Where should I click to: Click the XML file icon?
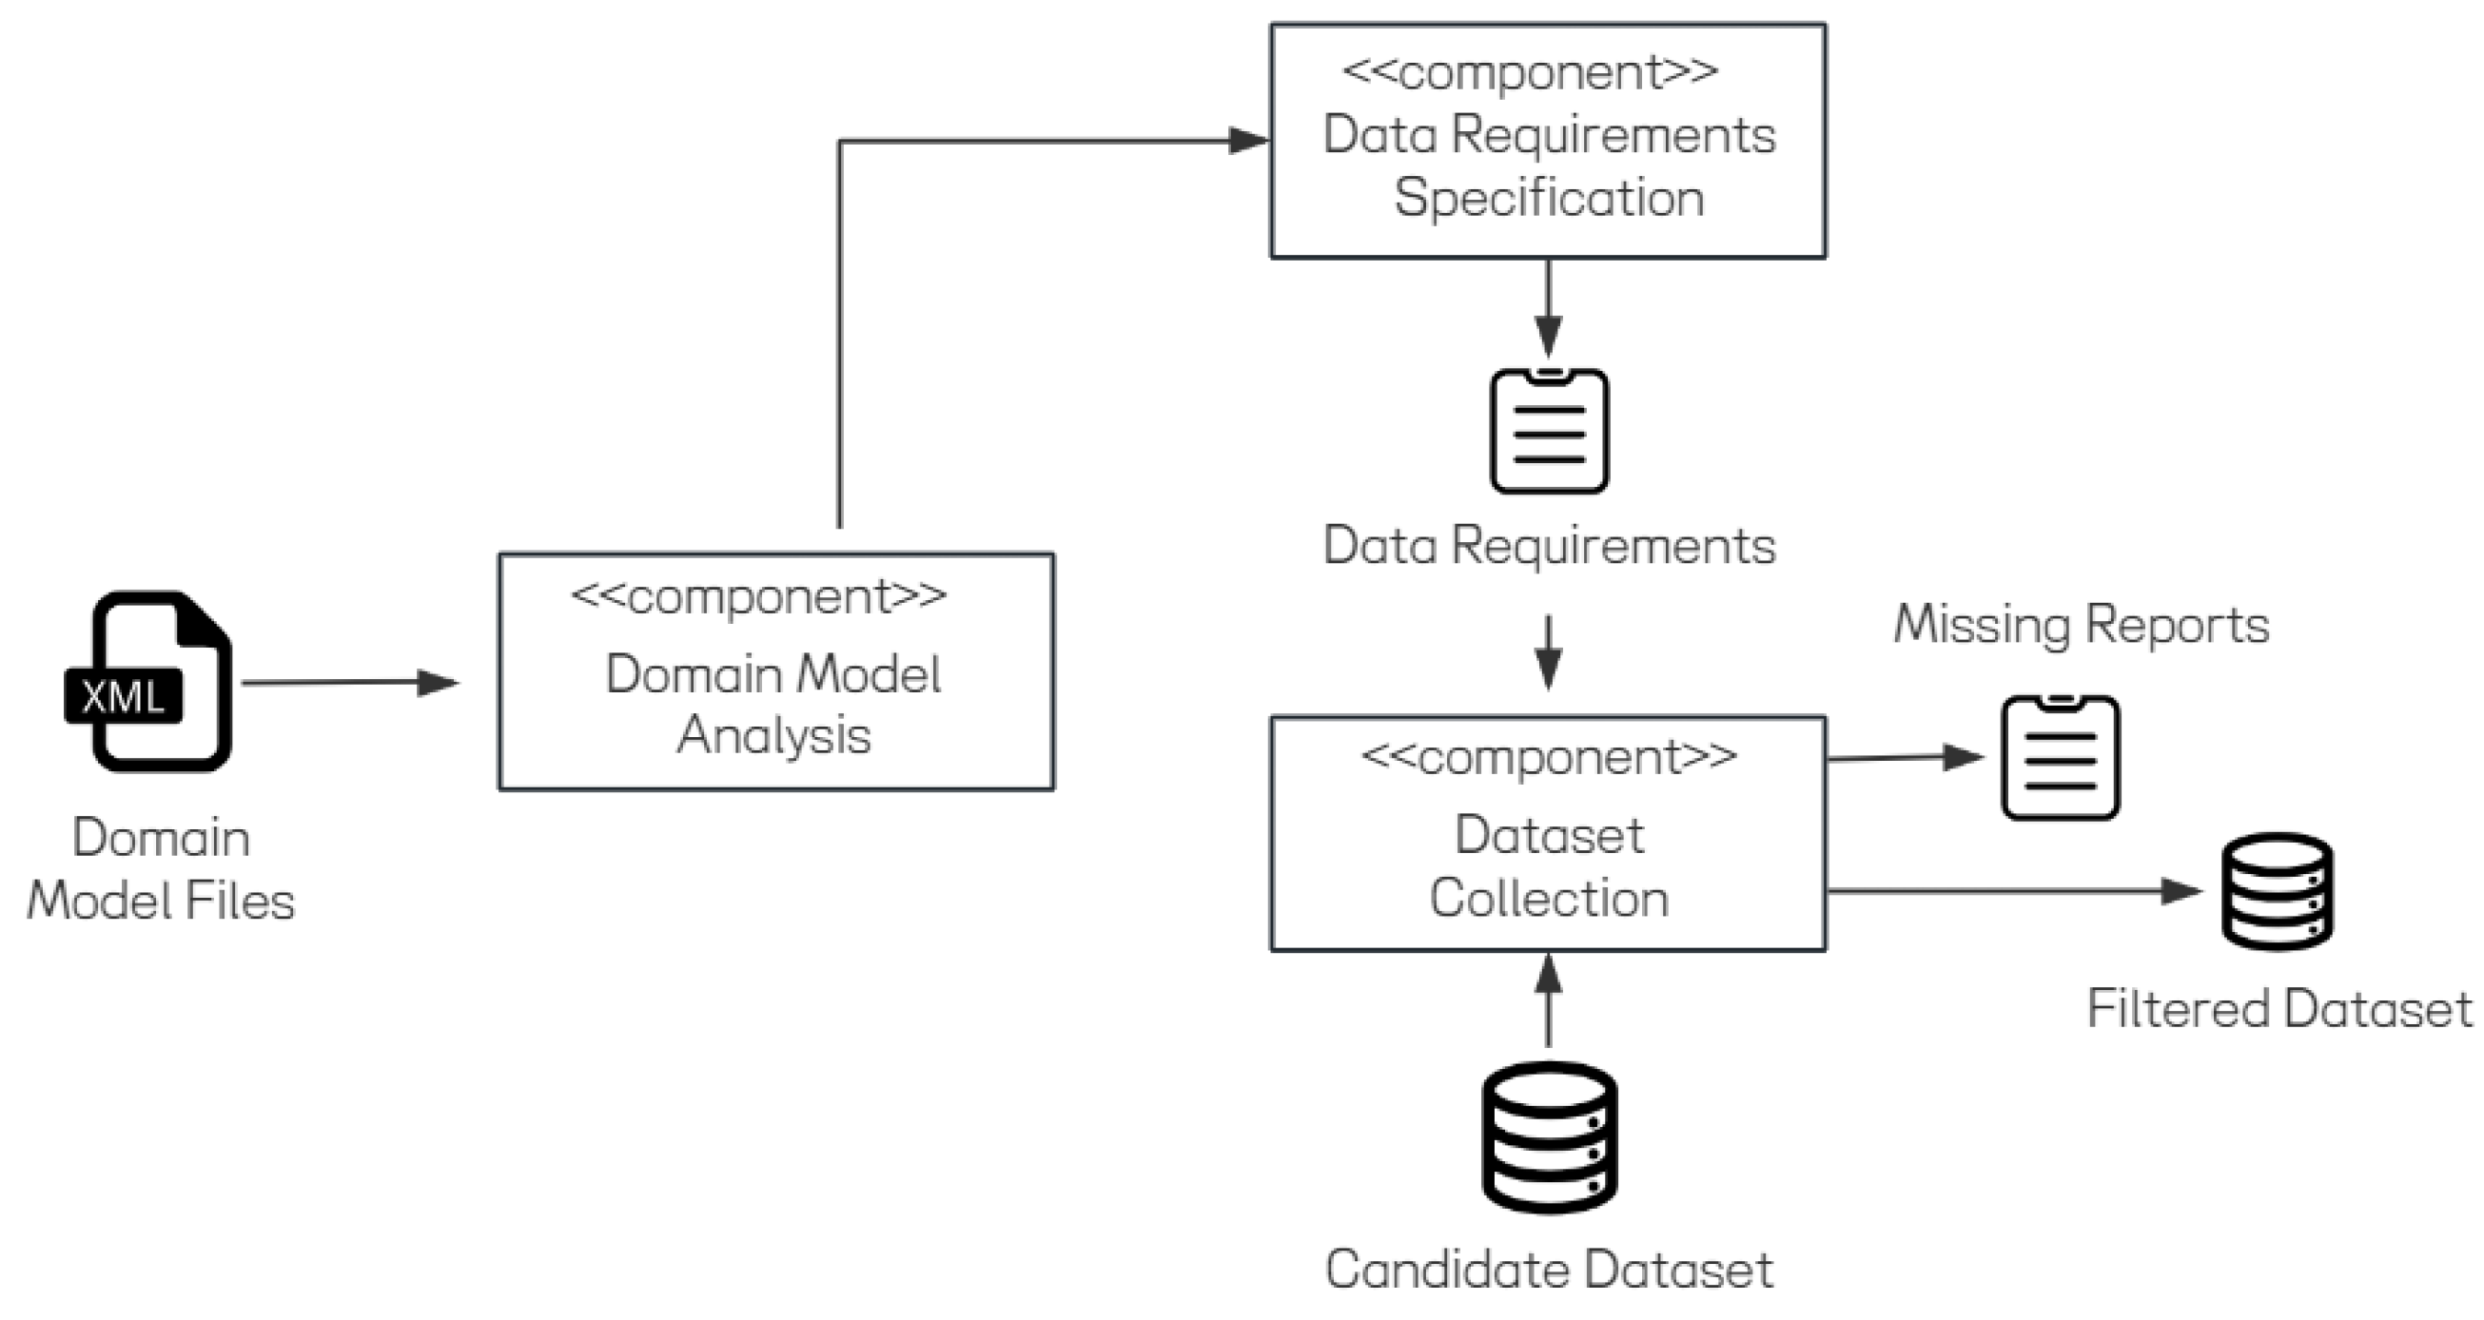click(x=149, y=683)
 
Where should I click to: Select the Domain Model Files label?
click(x=161, y=870)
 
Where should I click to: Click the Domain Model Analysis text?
click(x=773, y=704)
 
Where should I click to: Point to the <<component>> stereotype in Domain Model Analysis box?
click(x=759, y=598)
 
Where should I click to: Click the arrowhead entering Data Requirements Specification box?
click(x=1248, y=141)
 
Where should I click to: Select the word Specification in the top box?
click(x=1549, y=199)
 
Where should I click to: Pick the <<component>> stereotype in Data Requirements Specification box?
click(x=1531, y=72)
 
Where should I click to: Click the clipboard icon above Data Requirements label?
click(x=1549, y=431)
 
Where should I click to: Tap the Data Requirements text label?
click(x=1549, y=546)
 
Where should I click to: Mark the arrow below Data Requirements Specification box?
click(x=1549, y=308)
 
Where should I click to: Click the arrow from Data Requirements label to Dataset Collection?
click(x=1549, y=652)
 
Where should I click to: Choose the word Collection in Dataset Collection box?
click(x=1549, y=899)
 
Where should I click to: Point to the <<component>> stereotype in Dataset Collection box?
click(x=1549, y=758)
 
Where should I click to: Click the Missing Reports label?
click(x=2081, y=625)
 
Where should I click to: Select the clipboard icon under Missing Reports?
click(x=2061, y=758)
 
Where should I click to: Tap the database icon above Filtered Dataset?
click(x=2277, y=891)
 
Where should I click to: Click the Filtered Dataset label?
click(x=2279, y=1010)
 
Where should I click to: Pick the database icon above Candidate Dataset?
click(x=1549, y=1137)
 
